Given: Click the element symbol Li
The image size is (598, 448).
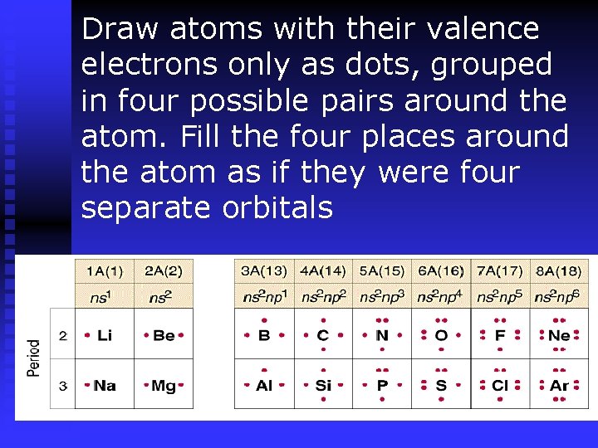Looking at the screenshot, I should [105, 336].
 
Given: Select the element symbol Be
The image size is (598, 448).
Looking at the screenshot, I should [164, 336].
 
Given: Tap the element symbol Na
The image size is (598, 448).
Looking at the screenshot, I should [105, 386].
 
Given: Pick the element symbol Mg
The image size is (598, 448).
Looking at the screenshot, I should [164, 386].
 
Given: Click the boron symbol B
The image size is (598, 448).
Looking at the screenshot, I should [264, 336].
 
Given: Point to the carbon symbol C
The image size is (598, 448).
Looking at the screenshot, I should [323, 336].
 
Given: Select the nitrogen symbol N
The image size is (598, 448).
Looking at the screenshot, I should [382, 336].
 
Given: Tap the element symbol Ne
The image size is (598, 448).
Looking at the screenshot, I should [559, 336].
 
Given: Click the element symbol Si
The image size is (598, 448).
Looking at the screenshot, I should [323, 386].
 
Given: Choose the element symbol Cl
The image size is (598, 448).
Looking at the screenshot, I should [500, 386].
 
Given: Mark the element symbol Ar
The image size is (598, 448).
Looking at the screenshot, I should [559, 386].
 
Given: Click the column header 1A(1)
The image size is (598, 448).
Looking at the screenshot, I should [105, 270].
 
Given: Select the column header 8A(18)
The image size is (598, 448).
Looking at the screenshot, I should [559, 270].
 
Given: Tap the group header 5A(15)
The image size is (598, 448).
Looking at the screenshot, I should [382, 270].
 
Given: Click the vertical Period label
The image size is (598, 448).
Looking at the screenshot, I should [34, 358].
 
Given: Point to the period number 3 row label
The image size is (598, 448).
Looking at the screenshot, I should [63, 386].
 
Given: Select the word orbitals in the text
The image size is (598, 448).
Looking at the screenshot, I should [277, 208].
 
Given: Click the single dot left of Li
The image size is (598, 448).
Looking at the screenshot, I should [87, 336].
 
